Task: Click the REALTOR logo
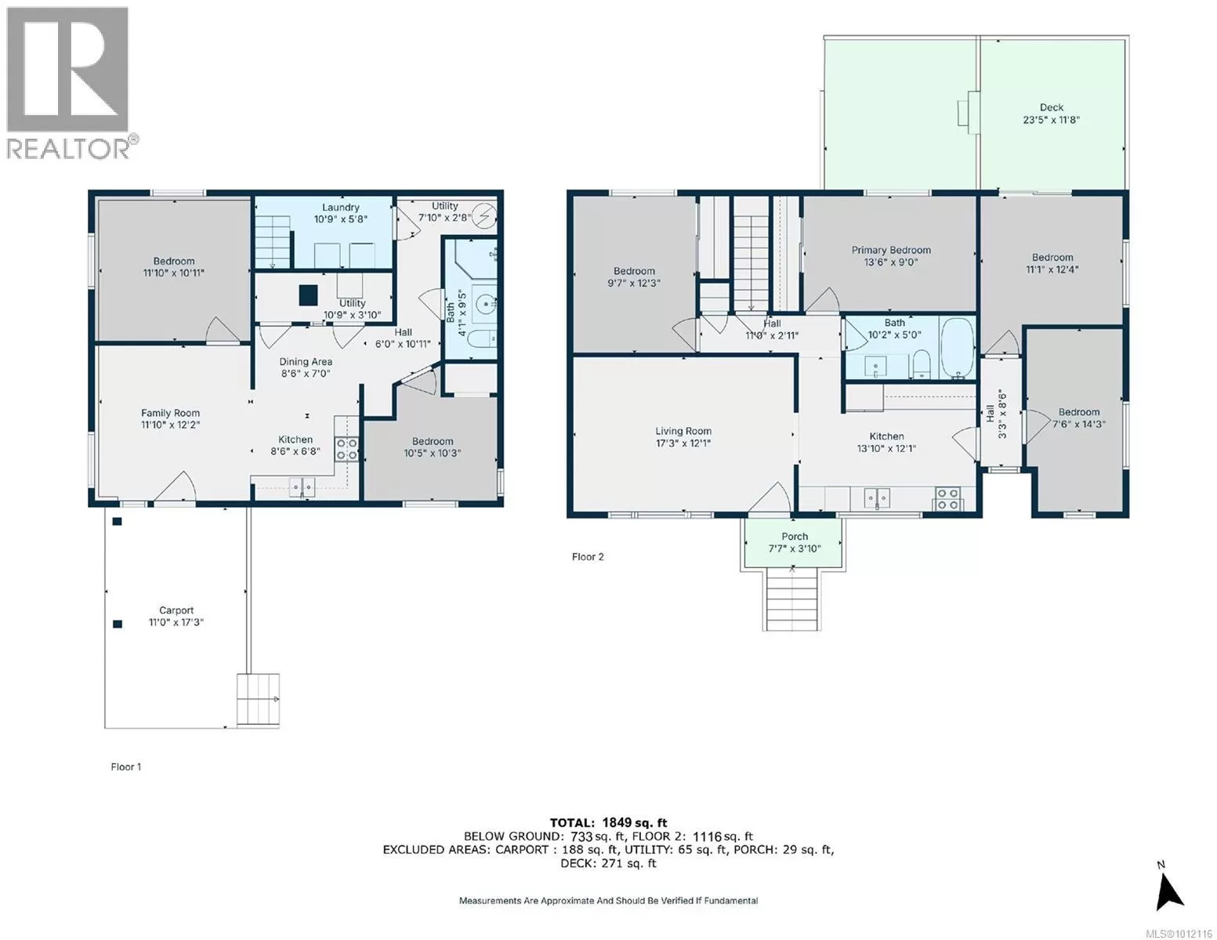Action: click(71, 83)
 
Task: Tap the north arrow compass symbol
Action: click(1169, 893)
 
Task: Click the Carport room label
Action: click(176, 610)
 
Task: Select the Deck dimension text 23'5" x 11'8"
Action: click(1051, 119)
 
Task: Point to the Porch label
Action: click(794, 537)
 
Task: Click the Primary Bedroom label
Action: click(891, 250)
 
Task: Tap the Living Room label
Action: click(683, 431)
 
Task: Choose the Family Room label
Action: click(170, 413)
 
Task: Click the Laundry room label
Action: click(341, 207)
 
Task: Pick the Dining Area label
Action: click(306, 362)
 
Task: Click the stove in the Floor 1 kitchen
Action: click(346, 449)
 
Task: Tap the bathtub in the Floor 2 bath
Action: click(958, 349)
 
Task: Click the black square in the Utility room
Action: click(308, 295)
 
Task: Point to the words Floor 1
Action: click(126, 767)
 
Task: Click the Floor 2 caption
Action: click(588, 556)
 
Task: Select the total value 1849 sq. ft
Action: click(635, 822)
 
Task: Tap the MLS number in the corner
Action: click(1179, 933)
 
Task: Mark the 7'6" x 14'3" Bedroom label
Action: click(1078, 418)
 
